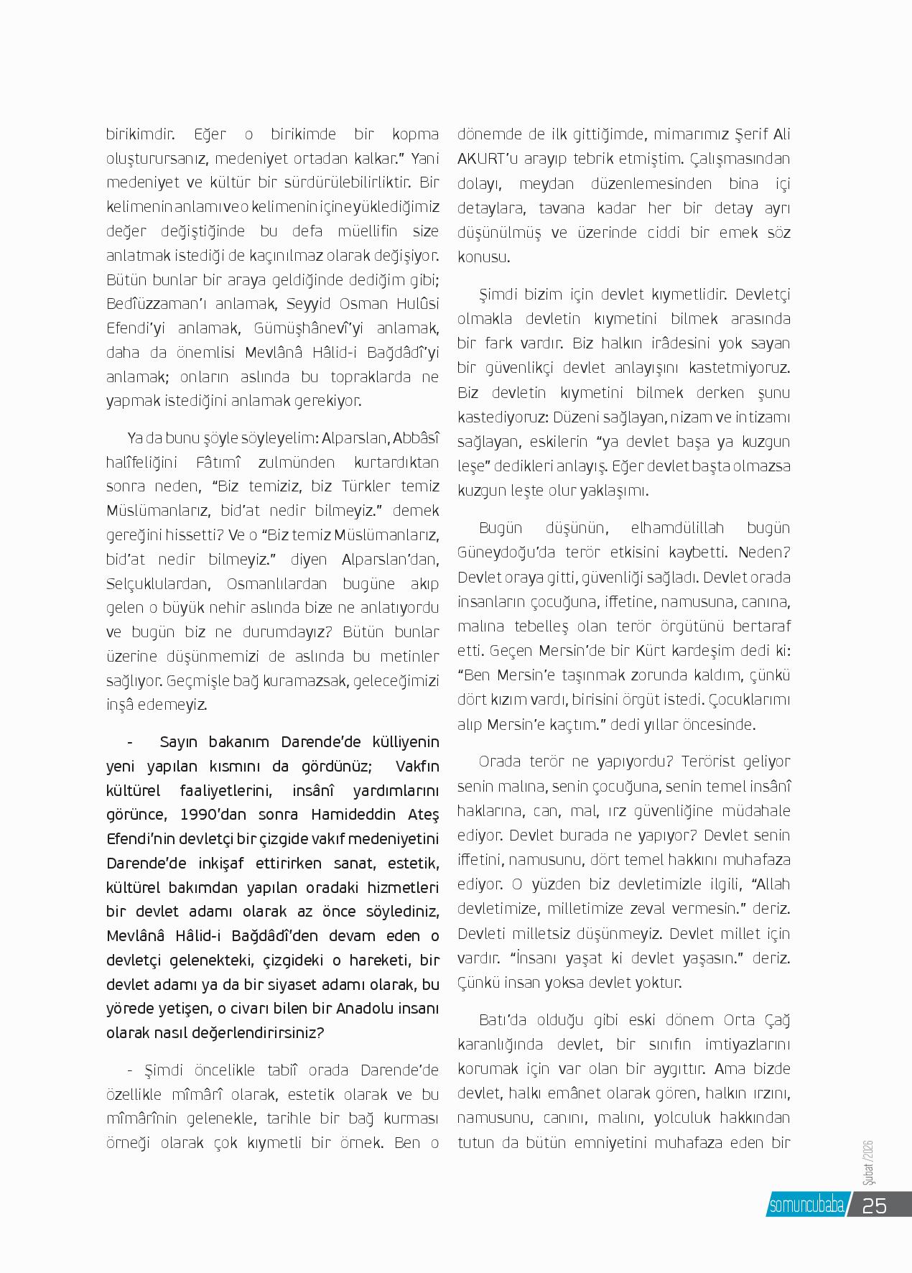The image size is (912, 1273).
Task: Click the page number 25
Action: (874, 1205)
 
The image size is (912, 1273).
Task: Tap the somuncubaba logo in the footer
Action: (806, 1205)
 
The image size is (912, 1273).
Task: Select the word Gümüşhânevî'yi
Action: (300, 328)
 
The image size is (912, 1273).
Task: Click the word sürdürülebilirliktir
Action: (341, 182)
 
